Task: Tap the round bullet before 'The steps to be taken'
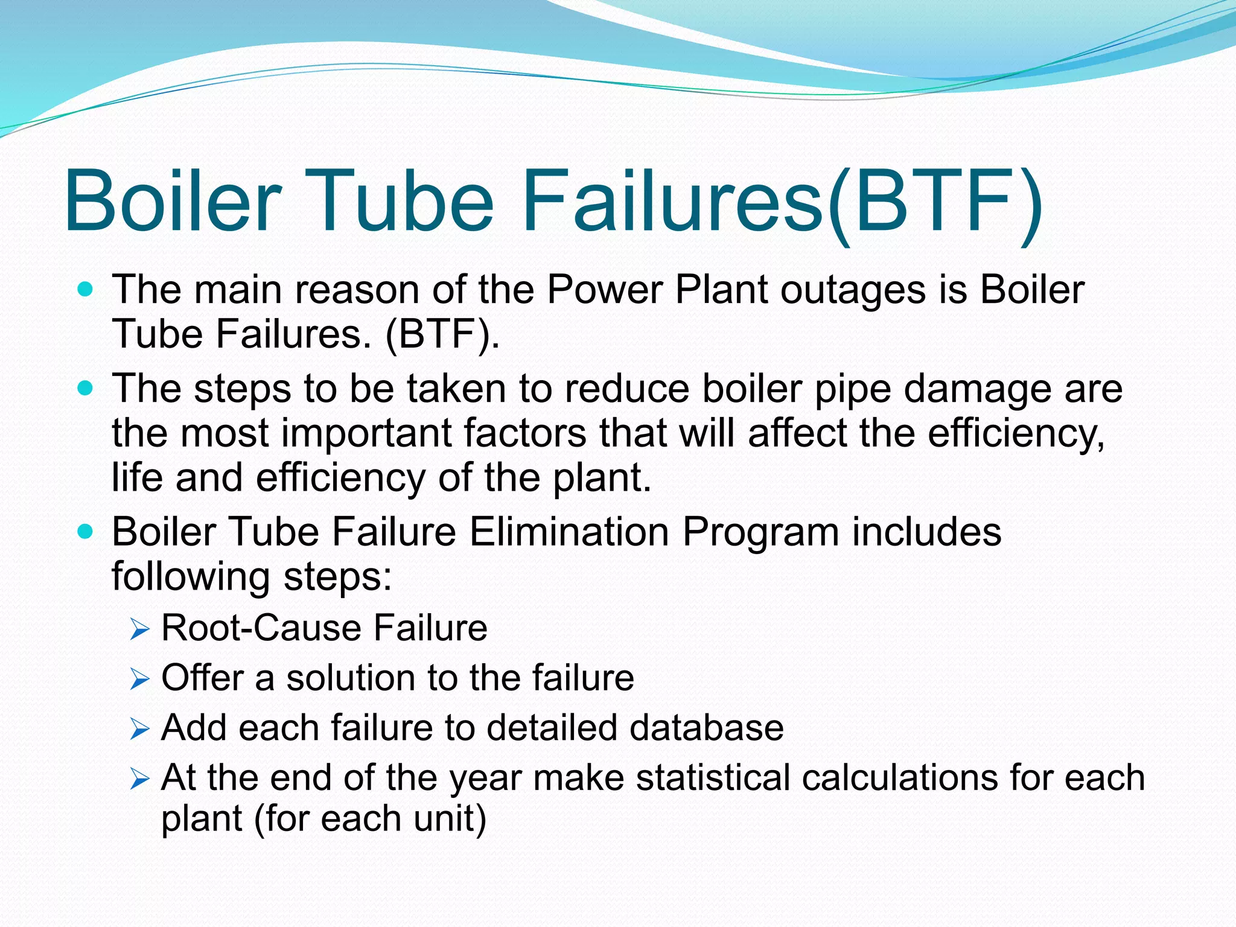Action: [86, 388]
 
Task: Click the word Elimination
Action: [569, 532]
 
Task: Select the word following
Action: [191, 577]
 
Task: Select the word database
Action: [707, 727]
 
